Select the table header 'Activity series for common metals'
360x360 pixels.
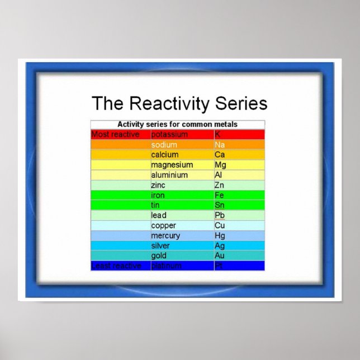pos(177,124)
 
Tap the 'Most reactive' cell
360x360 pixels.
pos(116,135)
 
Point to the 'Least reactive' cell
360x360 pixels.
pos(116,266)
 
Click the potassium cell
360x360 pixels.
pos(169,135)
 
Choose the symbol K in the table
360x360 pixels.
pos(217,135)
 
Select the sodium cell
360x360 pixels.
pos(164,145)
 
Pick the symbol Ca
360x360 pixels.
pos(220,155)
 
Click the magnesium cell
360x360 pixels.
pos(172,165)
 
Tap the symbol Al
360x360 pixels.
pos(218,175)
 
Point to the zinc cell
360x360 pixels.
pos(158,185)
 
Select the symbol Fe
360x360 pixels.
pos(219,195)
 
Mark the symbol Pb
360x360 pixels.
pos(219,215)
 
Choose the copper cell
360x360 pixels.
pos(163,225)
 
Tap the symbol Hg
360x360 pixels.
pos(220,235)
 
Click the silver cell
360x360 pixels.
pos(160,245)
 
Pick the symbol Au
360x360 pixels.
pos(220,255)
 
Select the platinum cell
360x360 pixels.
pos(166,266)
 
